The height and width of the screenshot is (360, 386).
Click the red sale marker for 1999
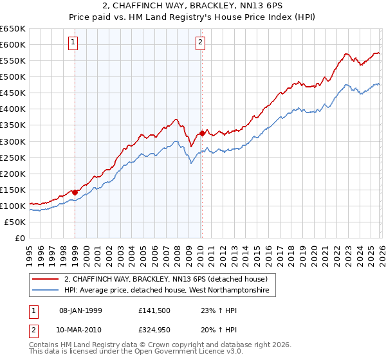75,192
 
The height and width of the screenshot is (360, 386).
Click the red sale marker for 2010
202,133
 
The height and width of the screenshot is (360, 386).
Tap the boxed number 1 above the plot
73,43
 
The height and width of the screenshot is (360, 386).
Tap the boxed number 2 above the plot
201,43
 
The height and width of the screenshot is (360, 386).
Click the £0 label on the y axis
20,238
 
